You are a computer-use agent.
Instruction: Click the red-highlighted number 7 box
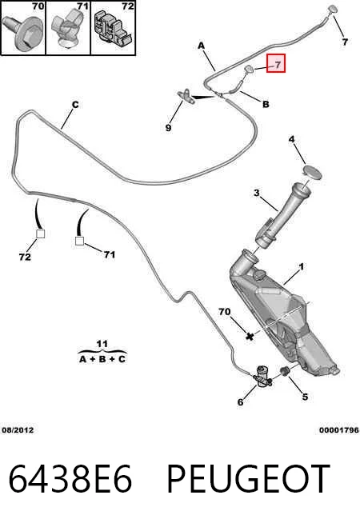pyautogui.click(x=275, y=63)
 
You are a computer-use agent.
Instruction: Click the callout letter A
pyautogui.click(x=201, y=46)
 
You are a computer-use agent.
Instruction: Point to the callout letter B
pyautogui.click(x=266, y=105)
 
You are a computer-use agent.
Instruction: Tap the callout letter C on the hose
pyautogui.click(x=75, y=105)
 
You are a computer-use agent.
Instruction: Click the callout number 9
pyautogui.click(x=169, y=127)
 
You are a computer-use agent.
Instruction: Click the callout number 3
pyautogui.click(x=256, y=193)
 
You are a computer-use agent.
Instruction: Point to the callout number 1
pyautogui.click(x=302, y=267)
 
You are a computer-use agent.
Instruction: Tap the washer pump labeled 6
pyautogui.click(x=262, y=377)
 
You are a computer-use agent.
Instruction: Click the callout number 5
pyautogui.click(x=305, y=397)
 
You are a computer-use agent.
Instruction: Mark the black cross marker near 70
pyautogui.click(x=250, y=336)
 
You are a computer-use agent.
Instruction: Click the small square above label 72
pyautogui.click(x=40, y=234)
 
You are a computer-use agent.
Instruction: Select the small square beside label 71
pyautogui.click(x=80, y=241)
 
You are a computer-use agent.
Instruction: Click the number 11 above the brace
pyautogui.click(x=102, y=344)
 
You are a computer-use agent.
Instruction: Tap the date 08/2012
pyautogui.click(x=18, y=430)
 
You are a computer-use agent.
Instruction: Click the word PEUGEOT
pyautogui.click(x=248, y=479)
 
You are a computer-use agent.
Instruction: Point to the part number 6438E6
pyautogui.click(x=70, y=479)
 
